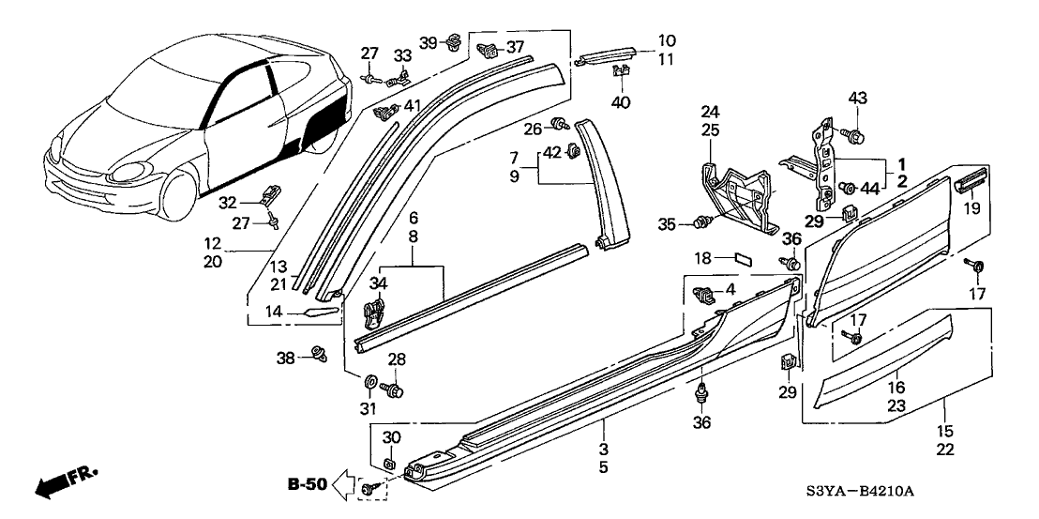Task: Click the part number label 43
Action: [x=857, y=99]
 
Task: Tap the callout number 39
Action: [x=428, y=43]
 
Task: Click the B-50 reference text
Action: [x=307, y=485]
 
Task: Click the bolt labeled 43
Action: [x=855, y=135]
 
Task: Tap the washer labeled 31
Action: [x=369, y=383]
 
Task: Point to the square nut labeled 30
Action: [x=387, y=463]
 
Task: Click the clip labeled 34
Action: [x=375, y=308]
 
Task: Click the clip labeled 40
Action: [x=620, y=71]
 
